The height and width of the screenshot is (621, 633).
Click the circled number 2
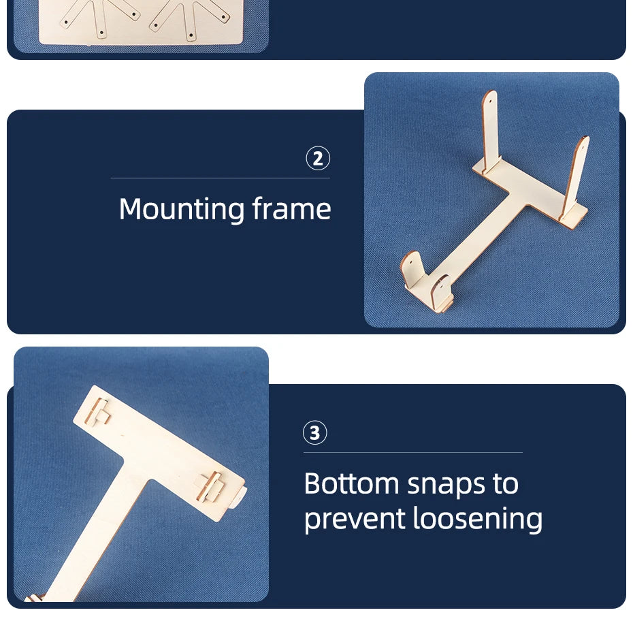[318, 158]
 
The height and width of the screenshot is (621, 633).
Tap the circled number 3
[315, 433]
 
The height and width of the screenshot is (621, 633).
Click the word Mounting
[182, 210]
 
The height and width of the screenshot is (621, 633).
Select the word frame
[291, 208]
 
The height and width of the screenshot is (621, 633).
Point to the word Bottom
[352, 483]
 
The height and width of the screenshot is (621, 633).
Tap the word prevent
[354, 520]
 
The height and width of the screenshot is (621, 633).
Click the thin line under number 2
[221, 178]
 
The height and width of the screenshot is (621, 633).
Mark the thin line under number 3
[413, 453]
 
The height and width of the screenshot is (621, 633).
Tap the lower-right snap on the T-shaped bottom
[210, 487]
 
